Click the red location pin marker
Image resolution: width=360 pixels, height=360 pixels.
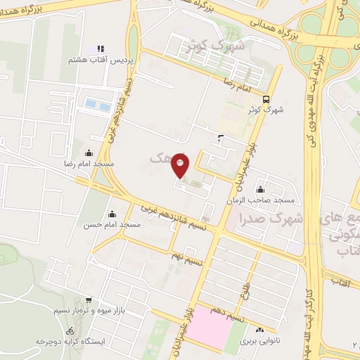click(x=181, y=165)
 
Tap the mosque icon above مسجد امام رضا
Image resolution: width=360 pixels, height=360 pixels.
click(x=89, y=153)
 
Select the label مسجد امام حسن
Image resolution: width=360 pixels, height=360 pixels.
click(x=112, y=224)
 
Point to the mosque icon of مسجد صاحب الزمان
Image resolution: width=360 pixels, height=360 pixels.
click(x=261, y=189)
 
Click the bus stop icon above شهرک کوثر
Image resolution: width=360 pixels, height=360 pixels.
click(x=266, y=99)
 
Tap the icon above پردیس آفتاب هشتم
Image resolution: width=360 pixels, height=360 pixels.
click(x=101, y=49)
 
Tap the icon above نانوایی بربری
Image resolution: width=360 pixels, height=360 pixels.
click(x=260, y=329)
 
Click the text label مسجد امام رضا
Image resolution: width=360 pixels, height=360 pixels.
click(x=89, y=164)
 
